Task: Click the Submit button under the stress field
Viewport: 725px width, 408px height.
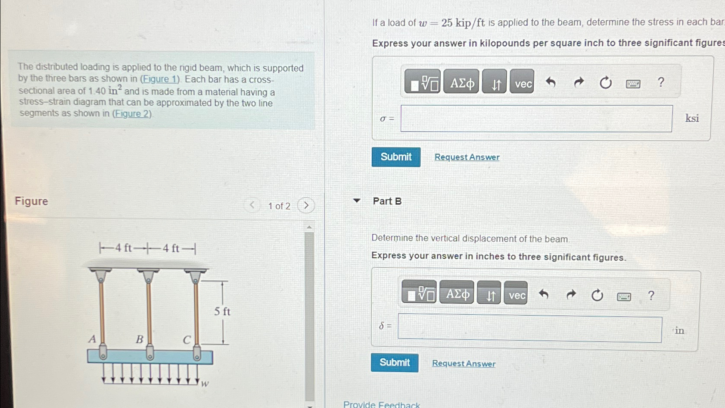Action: (396, 157)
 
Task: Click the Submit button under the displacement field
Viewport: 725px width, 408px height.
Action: (395, 362)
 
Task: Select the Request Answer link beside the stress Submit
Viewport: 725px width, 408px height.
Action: (467, 157)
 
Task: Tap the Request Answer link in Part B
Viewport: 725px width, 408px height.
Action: (464, 364)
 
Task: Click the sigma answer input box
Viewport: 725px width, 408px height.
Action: (536, 119)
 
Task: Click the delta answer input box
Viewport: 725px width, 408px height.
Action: (529, 329)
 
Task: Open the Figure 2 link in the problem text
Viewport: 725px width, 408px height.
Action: (132, 114)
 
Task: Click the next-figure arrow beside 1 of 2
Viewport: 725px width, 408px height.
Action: (306, 205)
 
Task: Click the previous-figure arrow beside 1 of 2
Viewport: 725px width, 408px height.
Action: (252, 205)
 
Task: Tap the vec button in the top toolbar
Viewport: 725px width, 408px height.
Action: (523, 83)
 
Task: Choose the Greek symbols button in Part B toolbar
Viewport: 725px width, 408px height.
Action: (457, 294)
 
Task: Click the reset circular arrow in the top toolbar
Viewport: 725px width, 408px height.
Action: (605, 82)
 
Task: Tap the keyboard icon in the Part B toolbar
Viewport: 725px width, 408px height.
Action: (624, 296)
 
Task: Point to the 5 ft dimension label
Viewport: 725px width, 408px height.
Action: (222, 311)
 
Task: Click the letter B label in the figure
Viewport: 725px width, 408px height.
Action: (140, 339)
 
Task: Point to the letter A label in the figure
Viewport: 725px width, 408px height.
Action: (92, 339)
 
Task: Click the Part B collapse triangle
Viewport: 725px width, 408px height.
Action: (357, 201)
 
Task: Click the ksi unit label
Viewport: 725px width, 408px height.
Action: (692, 119)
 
